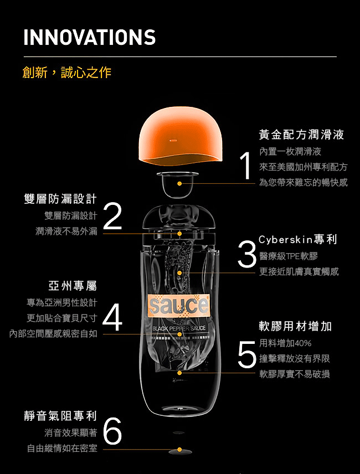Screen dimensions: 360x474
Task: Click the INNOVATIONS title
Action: (x=90, y=37)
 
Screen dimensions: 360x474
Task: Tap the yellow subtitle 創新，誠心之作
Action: (x=67, y=73)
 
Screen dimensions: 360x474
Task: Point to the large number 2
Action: (x=112, y=216)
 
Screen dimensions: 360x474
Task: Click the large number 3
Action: (x=247, y=254)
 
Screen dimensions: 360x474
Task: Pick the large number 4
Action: (x=112, y=317)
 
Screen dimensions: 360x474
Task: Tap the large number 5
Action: (x=247, y=355)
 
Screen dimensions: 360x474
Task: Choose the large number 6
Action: (x=112, y=431)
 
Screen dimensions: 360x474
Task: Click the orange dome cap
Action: (x=181, y=136)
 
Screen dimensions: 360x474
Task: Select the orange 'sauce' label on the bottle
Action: (x=179, y=305)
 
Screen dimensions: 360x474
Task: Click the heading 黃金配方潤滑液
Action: (x=301, y=135)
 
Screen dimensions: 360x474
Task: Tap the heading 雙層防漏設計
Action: (x=60, y=199)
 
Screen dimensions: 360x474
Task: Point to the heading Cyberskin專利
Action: (x=298, y=240)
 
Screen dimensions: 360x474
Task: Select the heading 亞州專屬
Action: (x=73, y=286)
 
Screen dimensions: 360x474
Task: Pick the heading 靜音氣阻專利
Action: (x=60, y=416)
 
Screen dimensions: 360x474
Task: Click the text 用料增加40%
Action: (x=285, y=343)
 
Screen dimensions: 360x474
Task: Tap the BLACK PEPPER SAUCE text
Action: (x=179, y=328)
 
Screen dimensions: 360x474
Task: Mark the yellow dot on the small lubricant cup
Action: (x=179, y=183)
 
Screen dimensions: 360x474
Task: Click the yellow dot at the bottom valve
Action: (x=179, y=450)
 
